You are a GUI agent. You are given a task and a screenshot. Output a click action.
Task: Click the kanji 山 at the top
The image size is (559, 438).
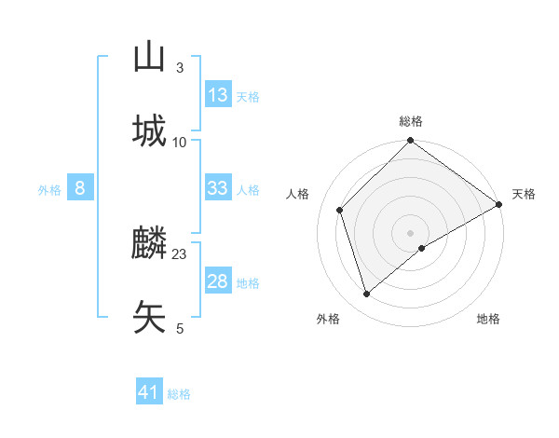(149, 58)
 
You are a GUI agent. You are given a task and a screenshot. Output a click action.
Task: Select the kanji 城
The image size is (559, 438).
(149, 131)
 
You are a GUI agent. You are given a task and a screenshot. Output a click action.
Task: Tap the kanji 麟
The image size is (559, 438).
(149, 245)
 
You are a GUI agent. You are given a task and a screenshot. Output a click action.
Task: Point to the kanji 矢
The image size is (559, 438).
(149, 317)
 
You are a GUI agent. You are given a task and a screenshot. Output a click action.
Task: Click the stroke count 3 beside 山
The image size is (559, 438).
(180, 68)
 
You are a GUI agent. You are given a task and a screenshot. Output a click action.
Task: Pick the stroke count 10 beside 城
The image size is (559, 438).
(180, 142)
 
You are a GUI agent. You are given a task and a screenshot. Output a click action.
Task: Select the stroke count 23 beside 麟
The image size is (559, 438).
(180, 254)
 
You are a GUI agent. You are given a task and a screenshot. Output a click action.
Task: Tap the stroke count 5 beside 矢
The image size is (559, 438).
(180, 328)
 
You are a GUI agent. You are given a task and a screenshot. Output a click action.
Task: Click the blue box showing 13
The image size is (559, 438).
(218, 95)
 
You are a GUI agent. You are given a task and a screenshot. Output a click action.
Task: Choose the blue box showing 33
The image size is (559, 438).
(218, 188)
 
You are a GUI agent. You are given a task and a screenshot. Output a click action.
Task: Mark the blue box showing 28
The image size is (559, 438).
(218, 281)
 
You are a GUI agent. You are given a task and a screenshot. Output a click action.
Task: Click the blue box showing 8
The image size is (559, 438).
(80, 188)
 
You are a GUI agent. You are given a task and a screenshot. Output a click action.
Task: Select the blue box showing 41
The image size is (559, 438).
(149, 392)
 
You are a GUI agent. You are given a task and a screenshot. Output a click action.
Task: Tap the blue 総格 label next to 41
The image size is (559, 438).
(179, 394)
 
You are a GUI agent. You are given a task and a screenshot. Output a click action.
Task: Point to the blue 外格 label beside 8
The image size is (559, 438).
(49, 190)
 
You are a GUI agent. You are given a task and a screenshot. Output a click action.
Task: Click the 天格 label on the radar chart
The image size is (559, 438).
(524, 194)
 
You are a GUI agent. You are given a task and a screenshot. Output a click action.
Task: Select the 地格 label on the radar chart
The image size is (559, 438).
(488, 319)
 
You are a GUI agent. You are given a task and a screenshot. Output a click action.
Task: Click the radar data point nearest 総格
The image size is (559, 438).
(410, 142)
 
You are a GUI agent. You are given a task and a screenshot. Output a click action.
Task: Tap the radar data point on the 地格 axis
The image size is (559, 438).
(422, 248)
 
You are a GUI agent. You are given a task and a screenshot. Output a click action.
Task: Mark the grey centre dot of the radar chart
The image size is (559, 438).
(410, 232)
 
